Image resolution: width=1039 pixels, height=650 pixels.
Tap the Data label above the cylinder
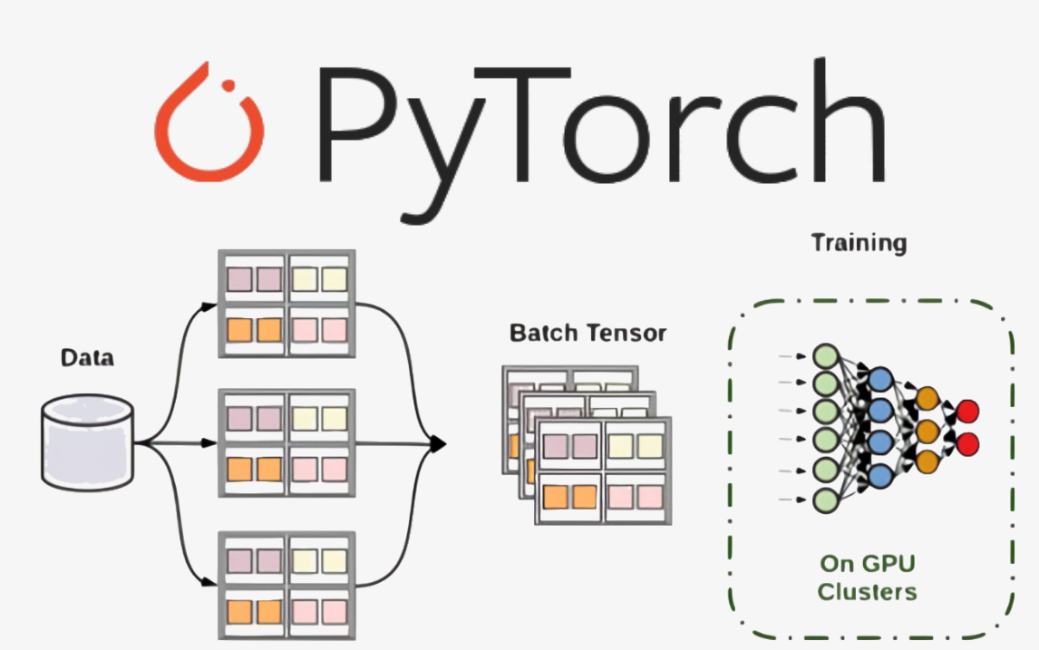click(x=87, y=357)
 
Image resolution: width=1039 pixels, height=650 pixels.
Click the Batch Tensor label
click(x=587, y=333)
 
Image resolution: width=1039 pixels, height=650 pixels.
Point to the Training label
click(x=858, y=243)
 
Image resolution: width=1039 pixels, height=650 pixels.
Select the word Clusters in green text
click(x=867, y=592)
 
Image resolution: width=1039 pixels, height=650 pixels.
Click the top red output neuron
click(x=968, y=410)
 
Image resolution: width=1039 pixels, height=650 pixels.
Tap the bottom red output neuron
click(x=968, y=444)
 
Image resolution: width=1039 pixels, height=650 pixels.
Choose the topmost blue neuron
click(x=879, y=380)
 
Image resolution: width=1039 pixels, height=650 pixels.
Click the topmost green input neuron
click(x=824, y=354)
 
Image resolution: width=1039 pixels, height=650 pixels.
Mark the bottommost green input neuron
click(x=824, y=500)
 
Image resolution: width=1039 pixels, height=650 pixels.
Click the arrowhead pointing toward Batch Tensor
click(x=439, y=443)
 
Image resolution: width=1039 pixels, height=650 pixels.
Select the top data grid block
click(x=286, y=304)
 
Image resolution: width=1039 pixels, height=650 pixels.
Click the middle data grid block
click(x=286, y=443)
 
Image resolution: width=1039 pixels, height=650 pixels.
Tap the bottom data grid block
click(x=286, y=586)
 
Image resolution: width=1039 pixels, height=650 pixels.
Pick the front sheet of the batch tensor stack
click(x=604, y=471)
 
